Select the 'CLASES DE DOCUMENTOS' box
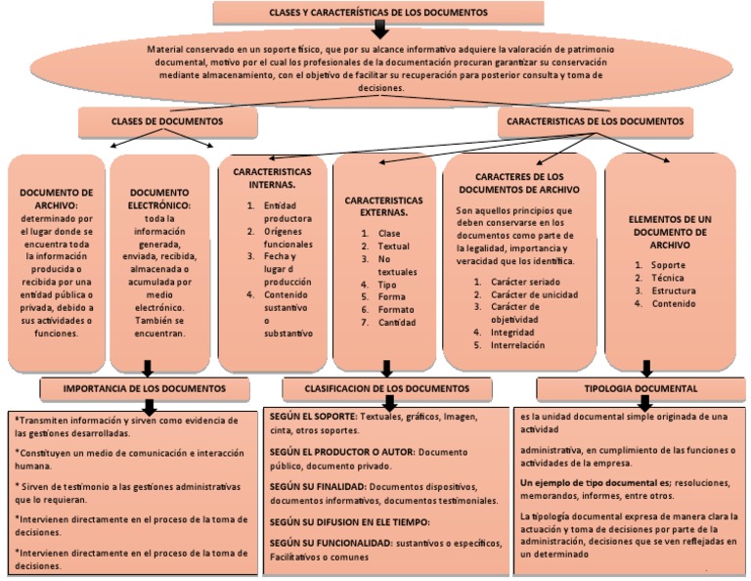167,121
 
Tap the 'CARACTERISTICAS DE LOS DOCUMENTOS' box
596,121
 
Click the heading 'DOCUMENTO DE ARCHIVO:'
57,200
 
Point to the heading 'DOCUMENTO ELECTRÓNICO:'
159,200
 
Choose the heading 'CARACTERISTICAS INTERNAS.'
272,177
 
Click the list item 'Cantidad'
398,323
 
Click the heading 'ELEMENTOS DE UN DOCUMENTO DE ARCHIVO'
668,233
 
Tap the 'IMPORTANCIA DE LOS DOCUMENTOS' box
145,389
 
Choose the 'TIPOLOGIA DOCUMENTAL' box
641,389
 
